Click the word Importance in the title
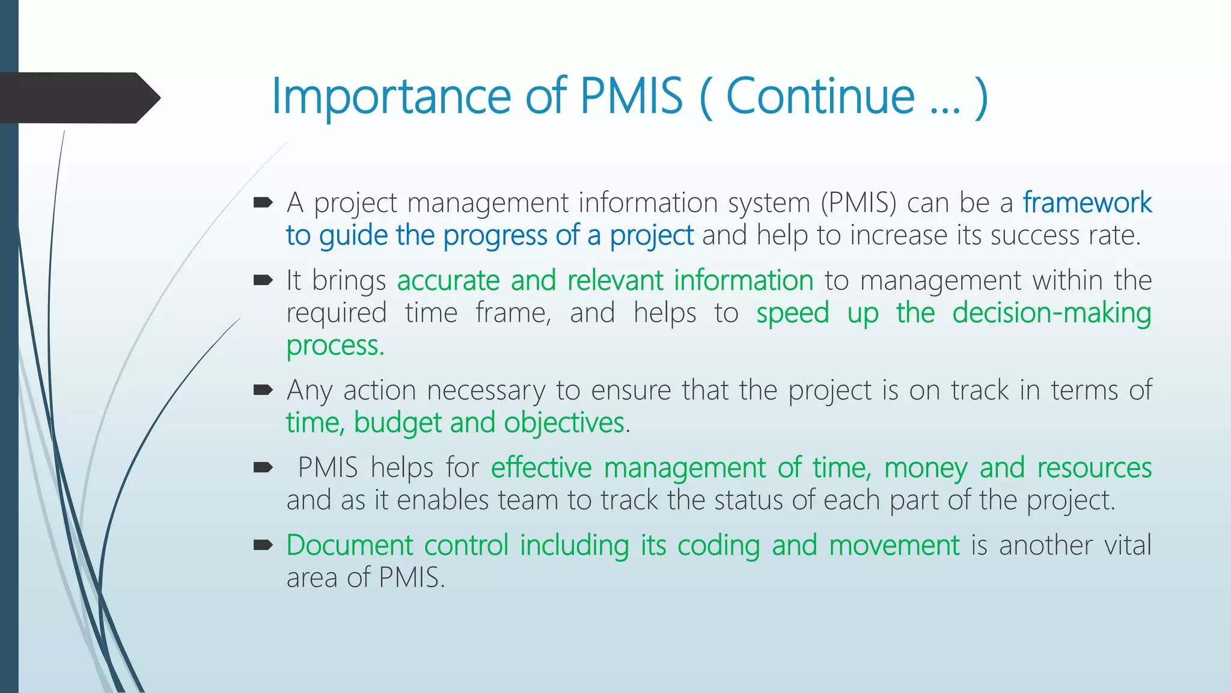coord(391,96)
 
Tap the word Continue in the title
coord(820,96)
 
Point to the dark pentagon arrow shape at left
coord(78,98)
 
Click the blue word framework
coord(1087,203)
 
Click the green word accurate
coord(448,281)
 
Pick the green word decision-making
coord(1051,313)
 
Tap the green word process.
coord(335,346)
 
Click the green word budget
coord(398,423)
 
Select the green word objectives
coord(564,423)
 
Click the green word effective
coord(542,468)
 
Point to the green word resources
coord(1094,468)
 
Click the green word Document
coord(349,546)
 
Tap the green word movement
coord(894,546)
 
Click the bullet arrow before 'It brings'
coord(263,280)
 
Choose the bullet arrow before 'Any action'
coord(263,390)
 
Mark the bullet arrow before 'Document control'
coord(263,546)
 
